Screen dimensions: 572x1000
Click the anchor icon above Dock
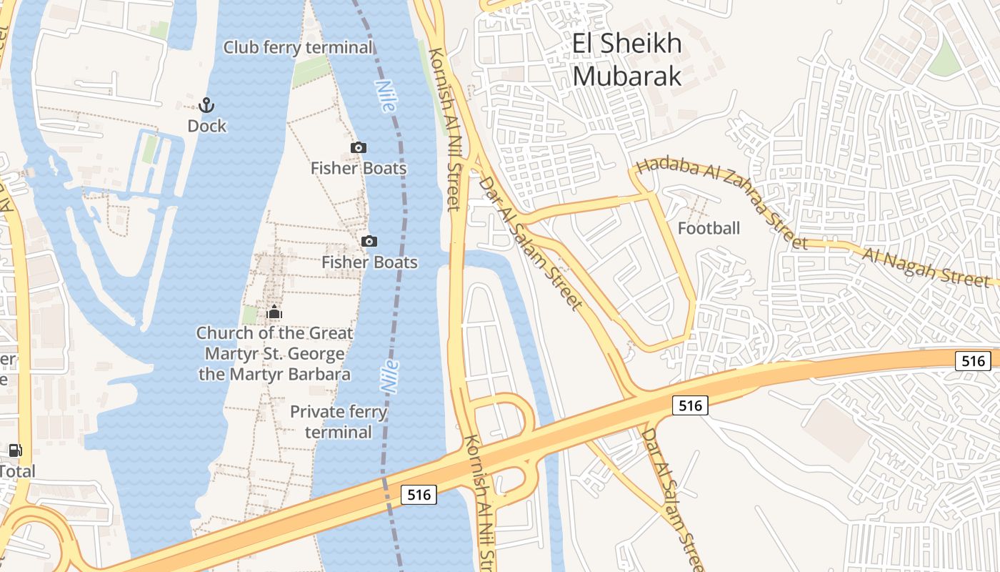click(x=206, y=106)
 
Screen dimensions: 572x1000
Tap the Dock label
click(x=206, y=127)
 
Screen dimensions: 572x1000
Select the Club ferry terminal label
click(x=298, y=48)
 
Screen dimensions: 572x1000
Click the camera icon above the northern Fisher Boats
click(x=359, y=148)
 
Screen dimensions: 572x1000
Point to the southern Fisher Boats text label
click(x=369, y=262)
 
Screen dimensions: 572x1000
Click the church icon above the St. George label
click(x=274, y=312)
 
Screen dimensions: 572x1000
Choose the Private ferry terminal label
click(x=339, y=422)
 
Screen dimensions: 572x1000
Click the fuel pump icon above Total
click(x=15, y=450)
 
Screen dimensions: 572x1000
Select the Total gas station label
click(x=17, y=472)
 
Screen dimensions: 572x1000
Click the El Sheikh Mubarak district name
click(x=627, y=59)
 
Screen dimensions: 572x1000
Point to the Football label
click(x=709, y=229)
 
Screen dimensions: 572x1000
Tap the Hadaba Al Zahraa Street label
click(x=721, y=203)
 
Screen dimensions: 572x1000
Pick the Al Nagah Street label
click(x=926, y=267)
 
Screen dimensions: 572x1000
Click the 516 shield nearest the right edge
click(x=974, y=361)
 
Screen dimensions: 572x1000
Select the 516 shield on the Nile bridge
click(x=418, y=494)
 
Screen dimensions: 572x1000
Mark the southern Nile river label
click(x=390, y=375)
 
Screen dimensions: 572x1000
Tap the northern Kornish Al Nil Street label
click(x=445, y=129)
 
